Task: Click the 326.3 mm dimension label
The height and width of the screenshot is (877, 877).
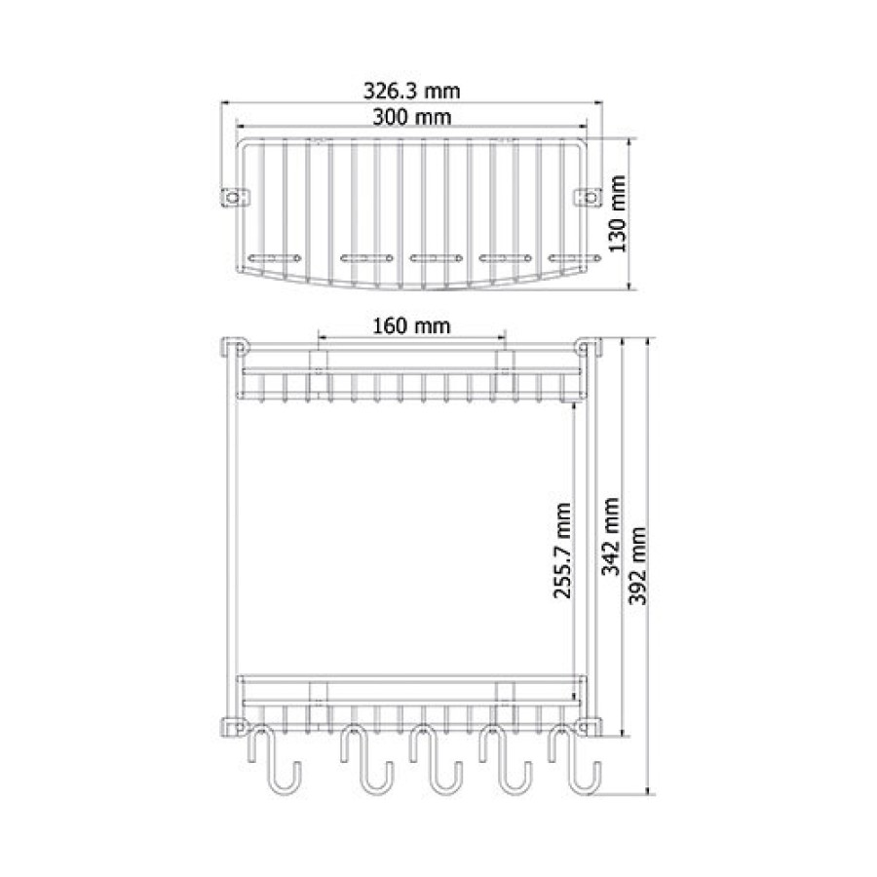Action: coord(411,91)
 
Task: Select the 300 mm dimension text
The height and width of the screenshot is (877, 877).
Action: coord(411,117)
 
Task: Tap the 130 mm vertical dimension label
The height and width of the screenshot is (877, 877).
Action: coord(618,213)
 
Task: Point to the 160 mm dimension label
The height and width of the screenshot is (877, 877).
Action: coord(411,325)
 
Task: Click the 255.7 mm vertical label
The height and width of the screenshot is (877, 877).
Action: coord(562,551)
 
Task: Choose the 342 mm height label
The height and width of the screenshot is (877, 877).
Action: coord(611,536)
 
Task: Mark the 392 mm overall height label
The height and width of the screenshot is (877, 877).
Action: coord(638,565)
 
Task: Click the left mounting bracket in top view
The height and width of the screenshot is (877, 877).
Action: coord(235,198)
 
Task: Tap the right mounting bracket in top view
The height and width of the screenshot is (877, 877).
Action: coord(589,198)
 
